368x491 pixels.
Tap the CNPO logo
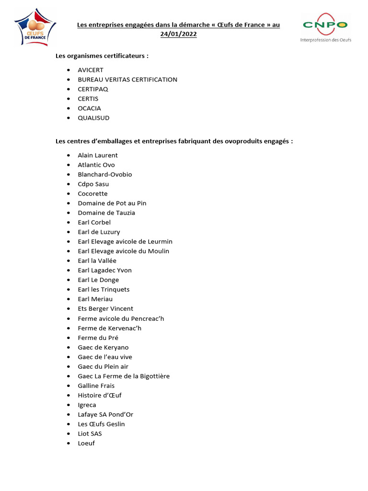[325, 27]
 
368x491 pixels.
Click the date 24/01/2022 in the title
[178, 34]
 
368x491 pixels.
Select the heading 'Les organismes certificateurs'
[102, 56]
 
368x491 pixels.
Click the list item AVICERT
[91, 70]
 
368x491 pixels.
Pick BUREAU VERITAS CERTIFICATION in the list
[127, 80]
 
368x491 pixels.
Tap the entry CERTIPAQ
[93, 89]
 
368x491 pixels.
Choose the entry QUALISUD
[93, 118]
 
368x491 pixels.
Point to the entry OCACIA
[90, 108]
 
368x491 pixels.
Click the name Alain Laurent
[98, 155]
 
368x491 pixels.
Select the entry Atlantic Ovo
[96, 165]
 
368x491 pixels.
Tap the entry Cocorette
[92, 194]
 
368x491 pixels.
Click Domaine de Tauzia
[106, 213]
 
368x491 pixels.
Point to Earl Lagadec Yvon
[104, 270]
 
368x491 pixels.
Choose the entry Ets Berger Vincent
[105, 309]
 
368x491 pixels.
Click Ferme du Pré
[98, 338]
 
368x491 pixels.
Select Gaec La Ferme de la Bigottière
[124, 376]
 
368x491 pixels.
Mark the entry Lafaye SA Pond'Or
[105, 414]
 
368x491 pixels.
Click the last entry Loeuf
[86, 443]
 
